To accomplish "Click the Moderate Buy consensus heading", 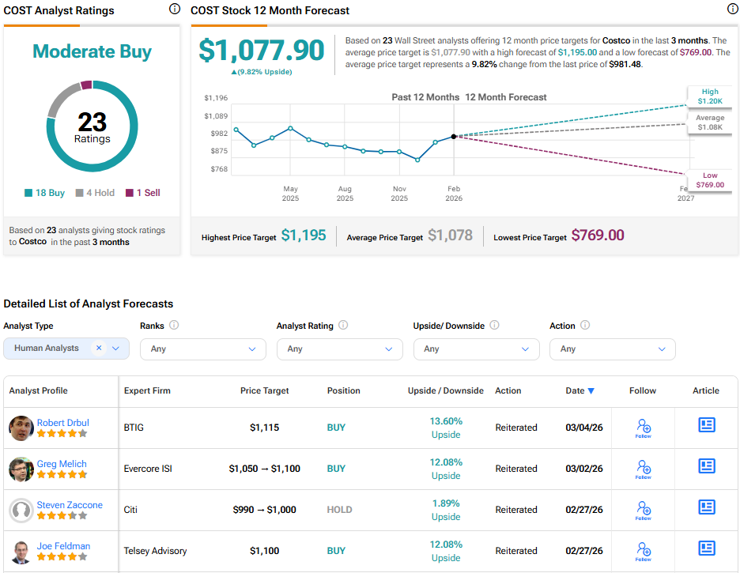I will click(92, 51).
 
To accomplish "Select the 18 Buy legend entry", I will click(45, 193).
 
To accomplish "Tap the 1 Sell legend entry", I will click(144, 193).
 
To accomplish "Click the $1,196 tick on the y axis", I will click(216, 98).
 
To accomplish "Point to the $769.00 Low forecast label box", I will click(709, 180).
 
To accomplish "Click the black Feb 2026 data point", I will click(454, 137).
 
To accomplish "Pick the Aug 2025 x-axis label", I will click(345, 194).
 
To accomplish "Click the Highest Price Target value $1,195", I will click(304, 236).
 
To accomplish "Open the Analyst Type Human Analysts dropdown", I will click(66, 349).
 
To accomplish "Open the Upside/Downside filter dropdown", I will click(476, 349).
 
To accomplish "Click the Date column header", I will click(580, 390).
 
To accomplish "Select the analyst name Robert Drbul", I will click(62, 423).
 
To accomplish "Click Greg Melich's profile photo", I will click(21, 469).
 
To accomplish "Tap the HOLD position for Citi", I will click(340, 510).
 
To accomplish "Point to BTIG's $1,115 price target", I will click(264, 428).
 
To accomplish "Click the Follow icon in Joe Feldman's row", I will click(643, 551).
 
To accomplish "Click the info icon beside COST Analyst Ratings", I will click(174, 9).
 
